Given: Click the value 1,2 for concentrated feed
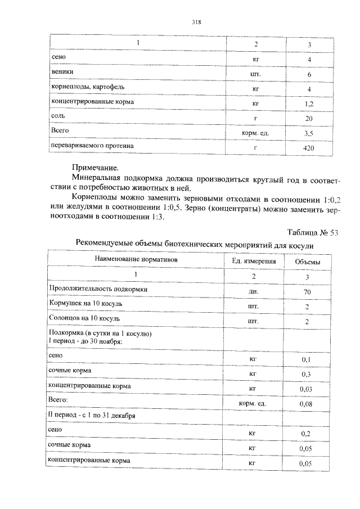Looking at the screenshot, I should pos(309,104).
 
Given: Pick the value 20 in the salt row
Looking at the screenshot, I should pos(309,119).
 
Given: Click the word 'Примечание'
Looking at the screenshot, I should pos(95,168).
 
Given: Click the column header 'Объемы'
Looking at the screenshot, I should pos(308,262).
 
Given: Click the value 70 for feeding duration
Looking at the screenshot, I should pos(307,292).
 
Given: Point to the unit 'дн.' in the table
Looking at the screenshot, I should pos(253,292).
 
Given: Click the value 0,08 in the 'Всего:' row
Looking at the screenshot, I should pos(307,404).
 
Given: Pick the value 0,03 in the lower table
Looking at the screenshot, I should pos(307,389).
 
